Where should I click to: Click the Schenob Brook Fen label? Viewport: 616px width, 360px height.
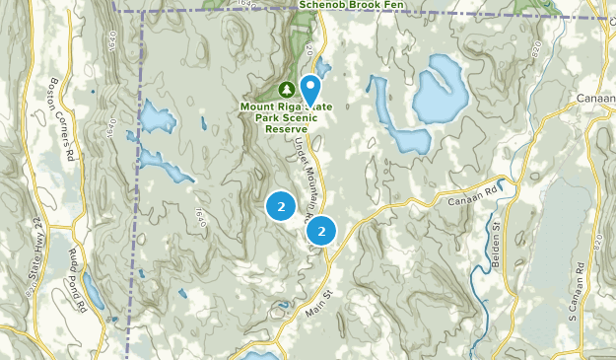(x=360, y=4)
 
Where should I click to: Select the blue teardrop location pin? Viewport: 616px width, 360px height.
(x=309, y=89)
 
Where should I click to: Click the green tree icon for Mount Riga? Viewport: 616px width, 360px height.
(x=285, y=86)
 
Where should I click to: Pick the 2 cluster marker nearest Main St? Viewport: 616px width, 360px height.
(x=321, y=231)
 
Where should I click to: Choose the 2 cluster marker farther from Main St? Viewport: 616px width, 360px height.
(x=281, y=206)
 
